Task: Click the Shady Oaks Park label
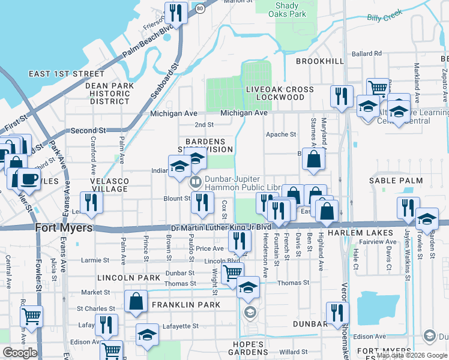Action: [x=287, y=9]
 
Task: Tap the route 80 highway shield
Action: [x=199, y=8]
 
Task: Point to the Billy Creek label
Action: [x=384, y=18]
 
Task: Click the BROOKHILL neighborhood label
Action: [x=320, y=61]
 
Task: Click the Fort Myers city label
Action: [x=64, y=228]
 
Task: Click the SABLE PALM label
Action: [x=396, y=181]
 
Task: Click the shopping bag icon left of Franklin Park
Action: [x=136, y=301]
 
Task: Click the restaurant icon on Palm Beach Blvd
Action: [x=176, y=12]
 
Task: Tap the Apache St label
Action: [x=282, y=134]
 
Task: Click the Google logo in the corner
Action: [x=20, y=353]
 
